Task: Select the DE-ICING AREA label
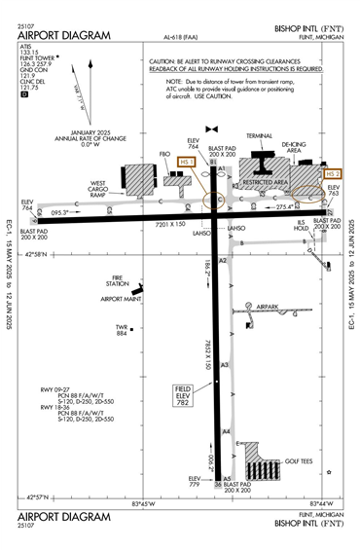[293, 146]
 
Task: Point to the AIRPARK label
[260, 306]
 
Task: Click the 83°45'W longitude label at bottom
[143, 503]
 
